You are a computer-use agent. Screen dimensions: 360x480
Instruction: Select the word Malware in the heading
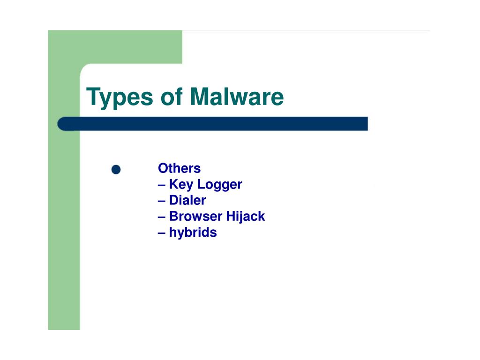(237, 97)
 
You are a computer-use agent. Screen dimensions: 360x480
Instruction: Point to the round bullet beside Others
(116, 170)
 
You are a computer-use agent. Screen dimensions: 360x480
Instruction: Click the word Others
(179, 168)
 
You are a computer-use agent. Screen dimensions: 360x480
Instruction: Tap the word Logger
(219, 185)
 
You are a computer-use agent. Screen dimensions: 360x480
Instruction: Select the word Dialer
(187, 201)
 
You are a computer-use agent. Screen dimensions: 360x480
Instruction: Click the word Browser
(195, 217)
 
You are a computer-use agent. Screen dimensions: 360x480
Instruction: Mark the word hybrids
(193, 232)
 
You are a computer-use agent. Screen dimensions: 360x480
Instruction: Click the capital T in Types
(93, 97)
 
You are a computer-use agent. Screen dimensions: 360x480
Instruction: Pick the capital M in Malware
(199, 97)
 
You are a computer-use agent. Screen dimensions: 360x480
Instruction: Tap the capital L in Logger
(200, 184)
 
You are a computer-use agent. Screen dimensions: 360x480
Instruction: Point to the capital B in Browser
(173, 217)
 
